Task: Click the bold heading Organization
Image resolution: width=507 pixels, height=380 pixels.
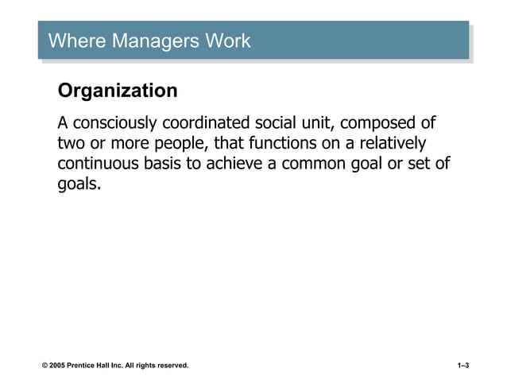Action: (118, 91)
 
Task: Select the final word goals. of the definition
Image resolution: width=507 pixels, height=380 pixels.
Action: (79, 184)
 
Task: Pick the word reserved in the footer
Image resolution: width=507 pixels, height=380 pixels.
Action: (171, 365)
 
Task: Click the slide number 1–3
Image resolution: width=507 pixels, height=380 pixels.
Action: (463, 365)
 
